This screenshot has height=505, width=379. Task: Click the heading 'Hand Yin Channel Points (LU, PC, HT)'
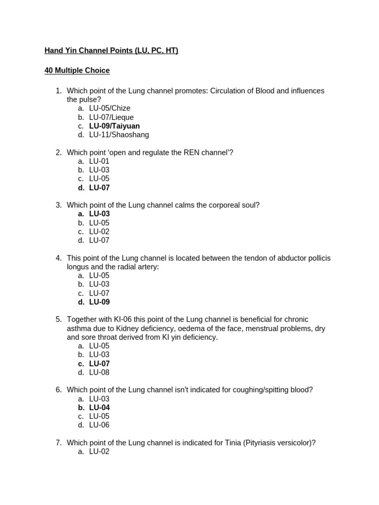pyautogui.click(x=111, y=50)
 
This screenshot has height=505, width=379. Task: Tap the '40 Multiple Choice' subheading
pyautogui.click(x=77, y=71)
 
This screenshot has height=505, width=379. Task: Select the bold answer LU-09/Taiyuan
pyautogui.click(x=114, y=126)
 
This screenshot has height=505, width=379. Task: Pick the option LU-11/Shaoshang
pyautogui.click(x=118, y=135)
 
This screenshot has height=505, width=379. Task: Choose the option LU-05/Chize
pyautogui.click(x=110, y=108)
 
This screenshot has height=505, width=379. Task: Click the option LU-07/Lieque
pyautogui.click(x=111, y=117)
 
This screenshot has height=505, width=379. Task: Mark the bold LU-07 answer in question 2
pyautogui.click(x=99, y=188)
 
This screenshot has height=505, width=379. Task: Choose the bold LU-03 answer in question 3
pyautogui.click(x=99, y=214)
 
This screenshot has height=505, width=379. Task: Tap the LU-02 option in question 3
pyautogui.click(x=99, y=232)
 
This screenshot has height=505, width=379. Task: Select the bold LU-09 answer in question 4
pyautogui.click(x=99, y=302)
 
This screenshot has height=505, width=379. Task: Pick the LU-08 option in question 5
pyautogui.click(x=99, y=372)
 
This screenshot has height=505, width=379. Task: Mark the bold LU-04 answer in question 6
pyautogui.click(x=99, y=407)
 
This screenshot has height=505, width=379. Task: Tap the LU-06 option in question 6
pyautogui.click(x=99, y=425)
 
